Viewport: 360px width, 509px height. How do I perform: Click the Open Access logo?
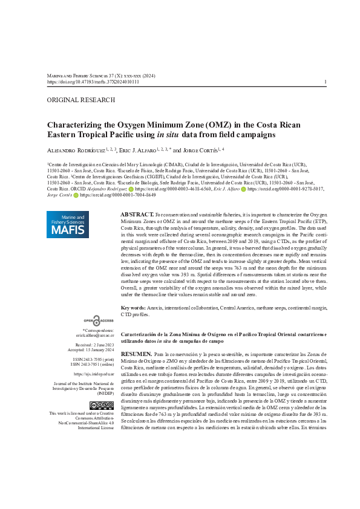[99, 320]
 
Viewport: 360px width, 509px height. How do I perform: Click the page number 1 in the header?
[326, 82]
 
